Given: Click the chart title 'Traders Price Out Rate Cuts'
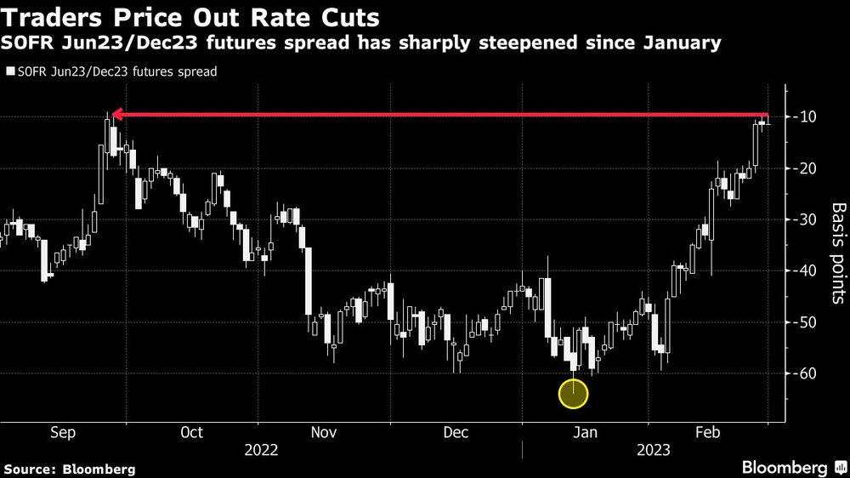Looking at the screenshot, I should point(192,18).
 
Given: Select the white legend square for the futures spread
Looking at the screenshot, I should point(10,72).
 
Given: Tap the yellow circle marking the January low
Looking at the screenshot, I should point(574,393).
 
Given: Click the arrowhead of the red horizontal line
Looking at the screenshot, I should point(116,114).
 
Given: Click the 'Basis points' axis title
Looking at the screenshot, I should point(838,253).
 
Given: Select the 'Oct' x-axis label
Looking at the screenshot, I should point(192,433).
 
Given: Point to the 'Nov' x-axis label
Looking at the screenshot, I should point(324,433).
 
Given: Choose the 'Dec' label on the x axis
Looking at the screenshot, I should point(456,433).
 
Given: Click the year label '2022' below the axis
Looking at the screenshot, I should point(261,448).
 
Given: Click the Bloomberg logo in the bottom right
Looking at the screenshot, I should point(785,468).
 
